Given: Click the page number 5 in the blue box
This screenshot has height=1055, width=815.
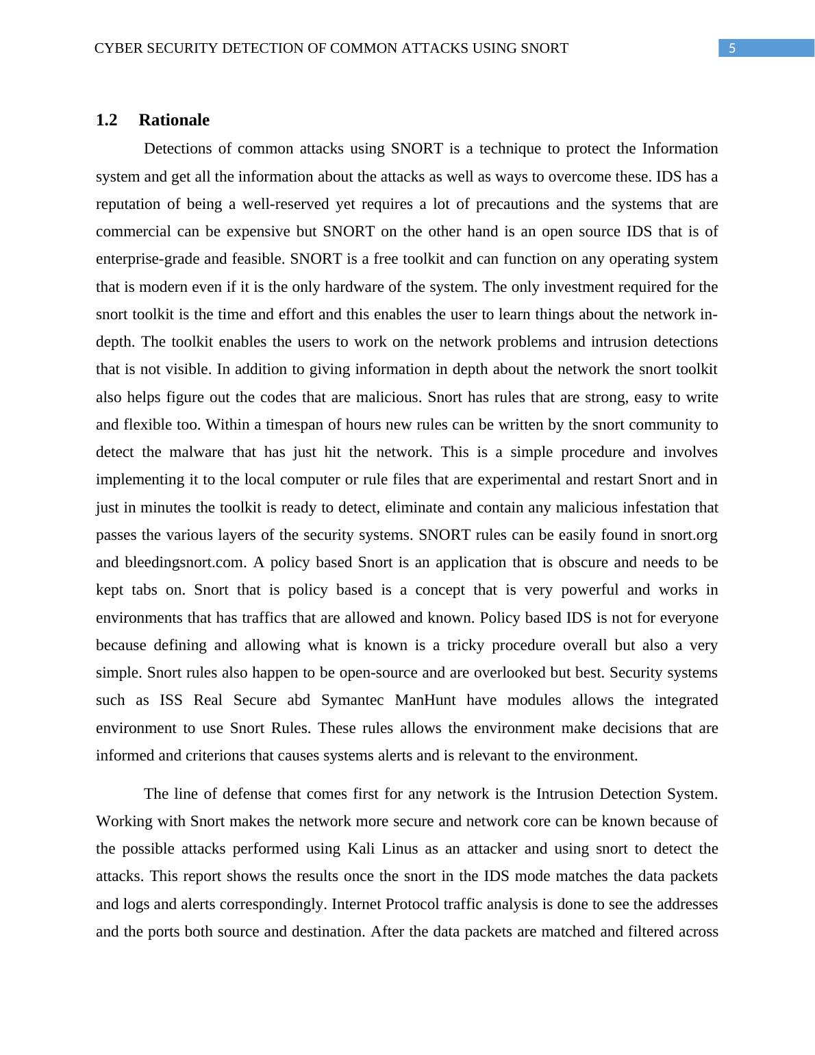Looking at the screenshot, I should [732, 48].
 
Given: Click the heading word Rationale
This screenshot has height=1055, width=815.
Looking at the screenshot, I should [174, 120].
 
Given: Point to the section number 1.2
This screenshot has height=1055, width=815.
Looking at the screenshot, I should [106, 120].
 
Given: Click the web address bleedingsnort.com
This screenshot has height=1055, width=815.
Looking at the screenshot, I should [185, 562].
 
